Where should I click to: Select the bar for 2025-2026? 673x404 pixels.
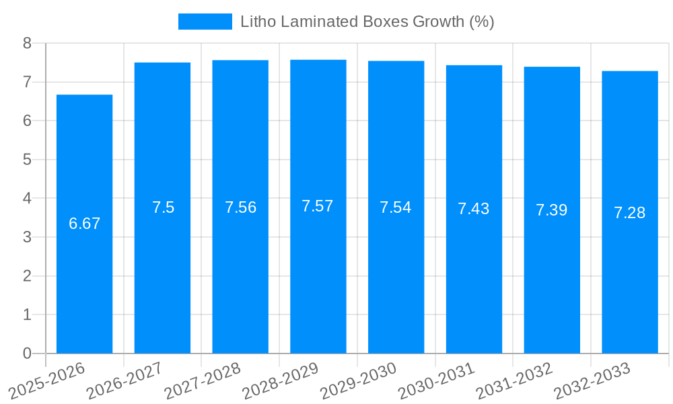pos(84,283)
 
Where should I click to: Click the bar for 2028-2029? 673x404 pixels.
pos(318,283)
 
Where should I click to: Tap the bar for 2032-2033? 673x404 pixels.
pos(630,283)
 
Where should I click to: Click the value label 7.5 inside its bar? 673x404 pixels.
pos(163,207)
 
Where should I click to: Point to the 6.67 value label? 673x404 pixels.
pos(84,224)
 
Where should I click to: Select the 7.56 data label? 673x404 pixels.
pos(240,207)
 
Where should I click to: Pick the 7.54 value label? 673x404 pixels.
pos(396,207)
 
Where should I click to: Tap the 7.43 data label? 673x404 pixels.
pos(474,209)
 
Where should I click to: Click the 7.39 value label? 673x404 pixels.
pos(552,210)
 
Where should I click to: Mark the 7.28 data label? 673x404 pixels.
pos(630,213)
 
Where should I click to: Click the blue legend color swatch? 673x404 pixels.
pos(205,22)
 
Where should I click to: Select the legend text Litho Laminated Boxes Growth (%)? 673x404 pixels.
pos(367,22)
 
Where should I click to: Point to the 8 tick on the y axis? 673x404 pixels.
pos(27,43)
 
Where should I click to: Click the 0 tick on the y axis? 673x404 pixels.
pos(27,353)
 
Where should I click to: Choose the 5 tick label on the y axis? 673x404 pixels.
pos(27,160)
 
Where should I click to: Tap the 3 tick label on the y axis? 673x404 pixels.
pos(27,237)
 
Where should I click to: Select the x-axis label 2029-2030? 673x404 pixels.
pos(359,380)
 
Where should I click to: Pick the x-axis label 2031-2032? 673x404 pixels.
pos(515,380)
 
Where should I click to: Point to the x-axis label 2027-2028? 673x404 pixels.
pos(203,380)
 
